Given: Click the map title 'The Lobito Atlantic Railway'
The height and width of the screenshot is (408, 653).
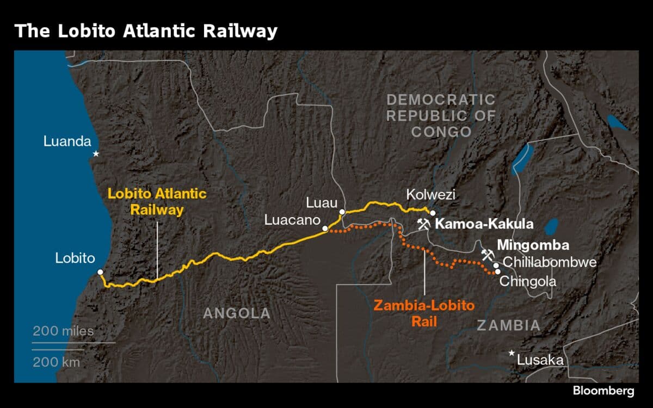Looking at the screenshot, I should [146, 31].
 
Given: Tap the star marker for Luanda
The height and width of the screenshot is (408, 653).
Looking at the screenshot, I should [96, 154].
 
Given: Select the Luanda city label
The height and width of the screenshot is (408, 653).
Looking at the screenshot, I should [67, 142].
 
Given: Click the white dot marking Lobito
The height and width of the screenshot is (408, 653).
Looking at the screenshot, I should [100, 271].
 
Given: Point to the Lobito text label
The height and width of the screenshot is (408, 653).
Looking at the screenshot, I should [75, 258].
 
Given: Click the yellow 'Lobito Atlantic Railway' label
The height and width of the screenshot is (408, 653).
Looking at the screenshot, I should [157, 201].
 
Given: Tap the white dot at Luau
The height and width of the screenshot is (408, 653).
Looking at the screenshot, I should [342, 212].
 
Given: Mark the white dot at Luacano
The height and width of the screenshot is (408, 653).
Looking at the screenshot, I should [325, 229].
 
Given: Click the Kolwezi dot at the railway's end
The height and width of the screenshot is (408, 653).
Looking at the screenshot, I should [433, 213].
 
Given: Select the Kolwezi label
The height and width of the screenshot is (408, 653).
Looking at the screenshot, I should [430, 195].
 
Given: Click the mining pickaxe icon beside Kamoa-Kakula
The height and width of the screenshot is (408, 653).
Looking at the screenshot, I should [423, 224].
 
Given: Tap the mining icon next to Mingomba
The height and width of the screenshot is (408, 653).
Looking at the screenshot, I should [487, 255].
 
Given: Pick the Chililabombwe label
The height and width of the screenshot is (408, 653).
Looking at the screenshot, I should [550, 262].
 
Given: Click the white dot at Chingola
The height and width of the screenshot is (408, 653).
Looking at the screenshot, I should [497, 271].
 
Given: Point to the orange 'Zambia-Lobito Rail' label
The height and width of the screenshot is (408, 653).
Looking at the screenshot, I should [424, 313].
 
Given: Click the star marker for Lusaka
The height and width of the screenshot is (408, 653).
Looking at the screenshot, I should [512, 353].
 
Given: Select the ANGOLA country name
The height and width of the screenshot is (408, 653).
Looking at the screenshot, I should [237, 313].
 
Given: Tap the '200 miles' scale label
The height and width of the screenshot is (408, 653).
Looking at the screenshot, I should [63, 331].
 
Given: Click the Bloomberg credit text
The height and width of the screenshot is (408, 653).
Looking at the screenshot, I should [603, 391].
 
